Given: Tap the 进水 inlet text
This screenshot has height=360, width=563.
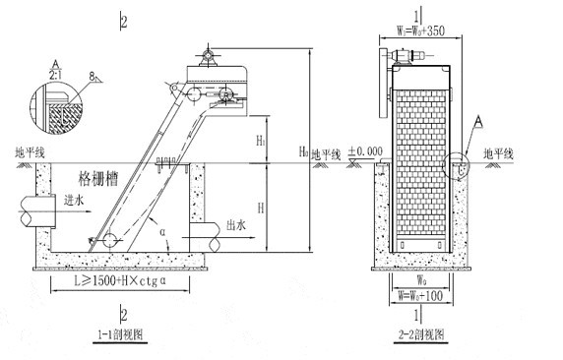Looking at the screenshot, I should [x=75, y=201].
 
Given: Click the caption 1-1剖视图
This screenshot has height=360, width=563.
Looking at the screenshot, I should [x=122, y=334].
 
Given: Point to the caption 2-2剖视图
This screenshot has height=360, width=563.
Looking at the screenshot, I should [x=420, y=334].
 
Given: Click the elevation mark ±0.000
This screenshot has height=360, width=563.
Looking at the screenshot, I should [x=368, y=151].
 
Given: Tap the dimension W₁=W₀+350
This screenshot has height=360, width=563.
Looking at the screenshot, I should [x=419, y=30].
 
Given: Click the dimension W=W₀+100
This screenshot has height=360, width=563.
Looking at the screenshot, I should [x=420, y=292].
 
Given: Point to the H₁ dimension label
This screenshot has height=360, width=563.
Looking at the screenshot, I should [x=261, y=142].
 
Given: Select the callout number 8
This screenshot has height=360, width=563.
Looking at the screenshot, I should [x=90, y=74].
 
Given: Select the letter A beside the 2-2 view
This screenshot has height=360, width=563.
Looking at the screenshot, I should [x=478, y=121].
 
